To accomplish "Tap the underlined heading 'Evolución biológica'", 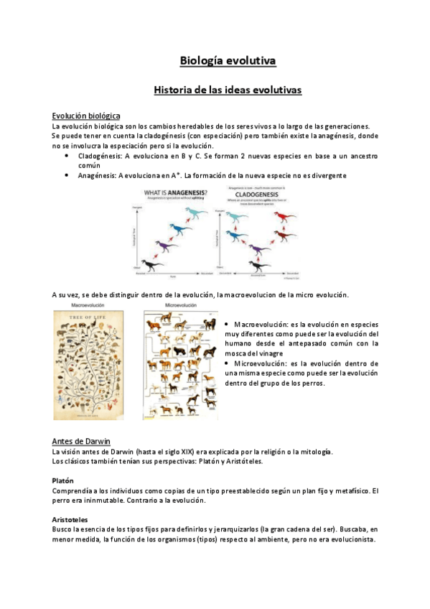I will point(86,116).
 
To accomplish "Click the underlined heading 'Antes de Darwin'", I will point(81,441).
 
